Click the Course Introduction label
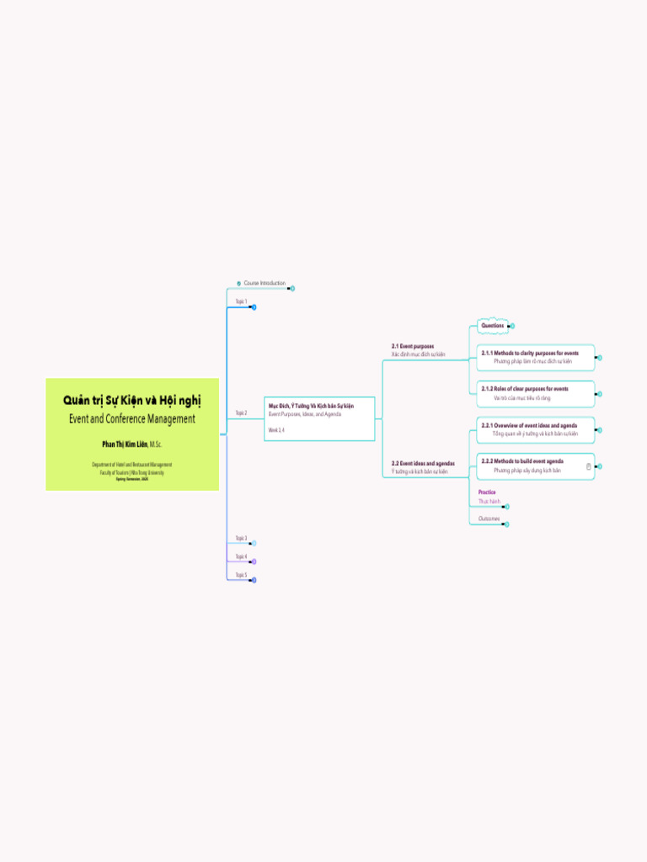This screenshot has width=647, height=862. pyautogui.click(x=265, y=284)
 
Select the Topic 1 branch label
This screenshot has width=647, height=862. pyautogui.click(x=241, y=301)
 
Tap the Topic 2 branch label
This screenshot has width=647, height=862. pyautogui.click(x=241, y=413)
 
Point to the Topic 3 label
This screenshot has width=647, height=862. pyautogui.click(x=241, y=538)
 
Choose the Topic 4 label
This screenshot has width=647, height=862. pyautogui.click(x=241, y=556)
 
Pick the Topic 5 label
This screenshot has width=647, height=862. pyautogui.click(x=241, y=575)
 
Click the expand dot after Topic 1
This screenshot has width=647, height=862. pyautogui.click(x=253, y=307)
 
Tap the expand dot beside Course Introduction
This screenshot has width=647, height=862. pyautogui.click(x=291, y=289)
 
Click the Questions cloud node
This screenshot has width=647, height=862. pyautogui.click(x=493, y=326)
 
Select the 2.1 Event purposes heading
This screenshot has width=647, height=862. pyautogui.click(x=413, y=346)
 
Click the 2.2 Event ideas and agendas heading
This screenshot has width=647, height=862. pyautogui.click(x=423, y=463)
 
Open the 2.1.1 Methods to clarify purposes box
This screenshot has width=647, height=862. pyautogui.click(x=535, y=357)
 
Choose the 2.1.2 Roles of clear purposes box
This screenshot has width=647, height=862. pyautogui.click(x=535, y=393)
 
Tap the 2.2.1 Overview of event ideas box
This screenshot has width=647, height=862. pyautogui.click(x=535, y=429)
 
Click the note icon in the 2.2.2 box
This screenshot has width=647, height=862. pyautogui.click(x=588, y=466)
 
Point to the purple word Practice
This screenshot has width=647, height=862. pyautogui.click(x=487, y=492)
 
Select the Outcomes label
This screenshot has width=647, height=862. pyautogui.click(x=489, y=519)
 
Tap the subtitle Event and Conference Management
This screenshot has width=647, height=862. pyautogui.click(x=132, y=418)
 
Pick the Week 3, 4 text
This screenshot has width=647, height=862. pyautogui.click(x=276, y=430)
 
